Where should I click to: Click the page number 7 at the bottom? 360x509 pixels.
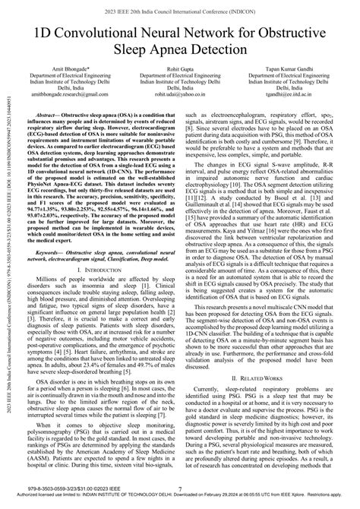(x=180, y=490)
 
